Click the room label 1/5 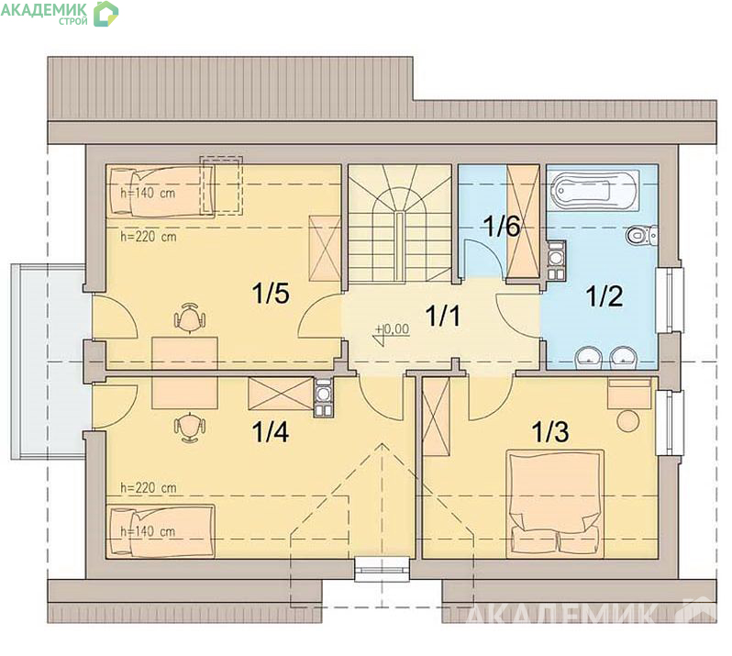271,294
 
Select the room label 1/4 271,431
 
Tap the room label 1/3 550,431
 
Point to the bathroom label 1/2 604,296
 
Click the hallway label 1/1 443,316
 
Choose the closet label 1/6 503,226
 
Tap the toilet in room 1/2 641,235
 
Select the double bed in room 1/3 555,504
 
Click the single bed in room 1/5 161,192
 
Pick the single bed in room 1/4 161,530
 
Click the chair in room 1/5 190,317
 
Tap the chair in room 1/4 190,427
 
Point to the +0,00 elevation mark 393,330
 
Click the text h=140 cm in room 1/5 148,193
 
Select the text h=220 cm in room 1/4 149,488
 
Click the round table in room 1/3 628,421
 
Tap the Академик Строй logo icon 106,14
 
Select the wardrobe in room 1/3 436,417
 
